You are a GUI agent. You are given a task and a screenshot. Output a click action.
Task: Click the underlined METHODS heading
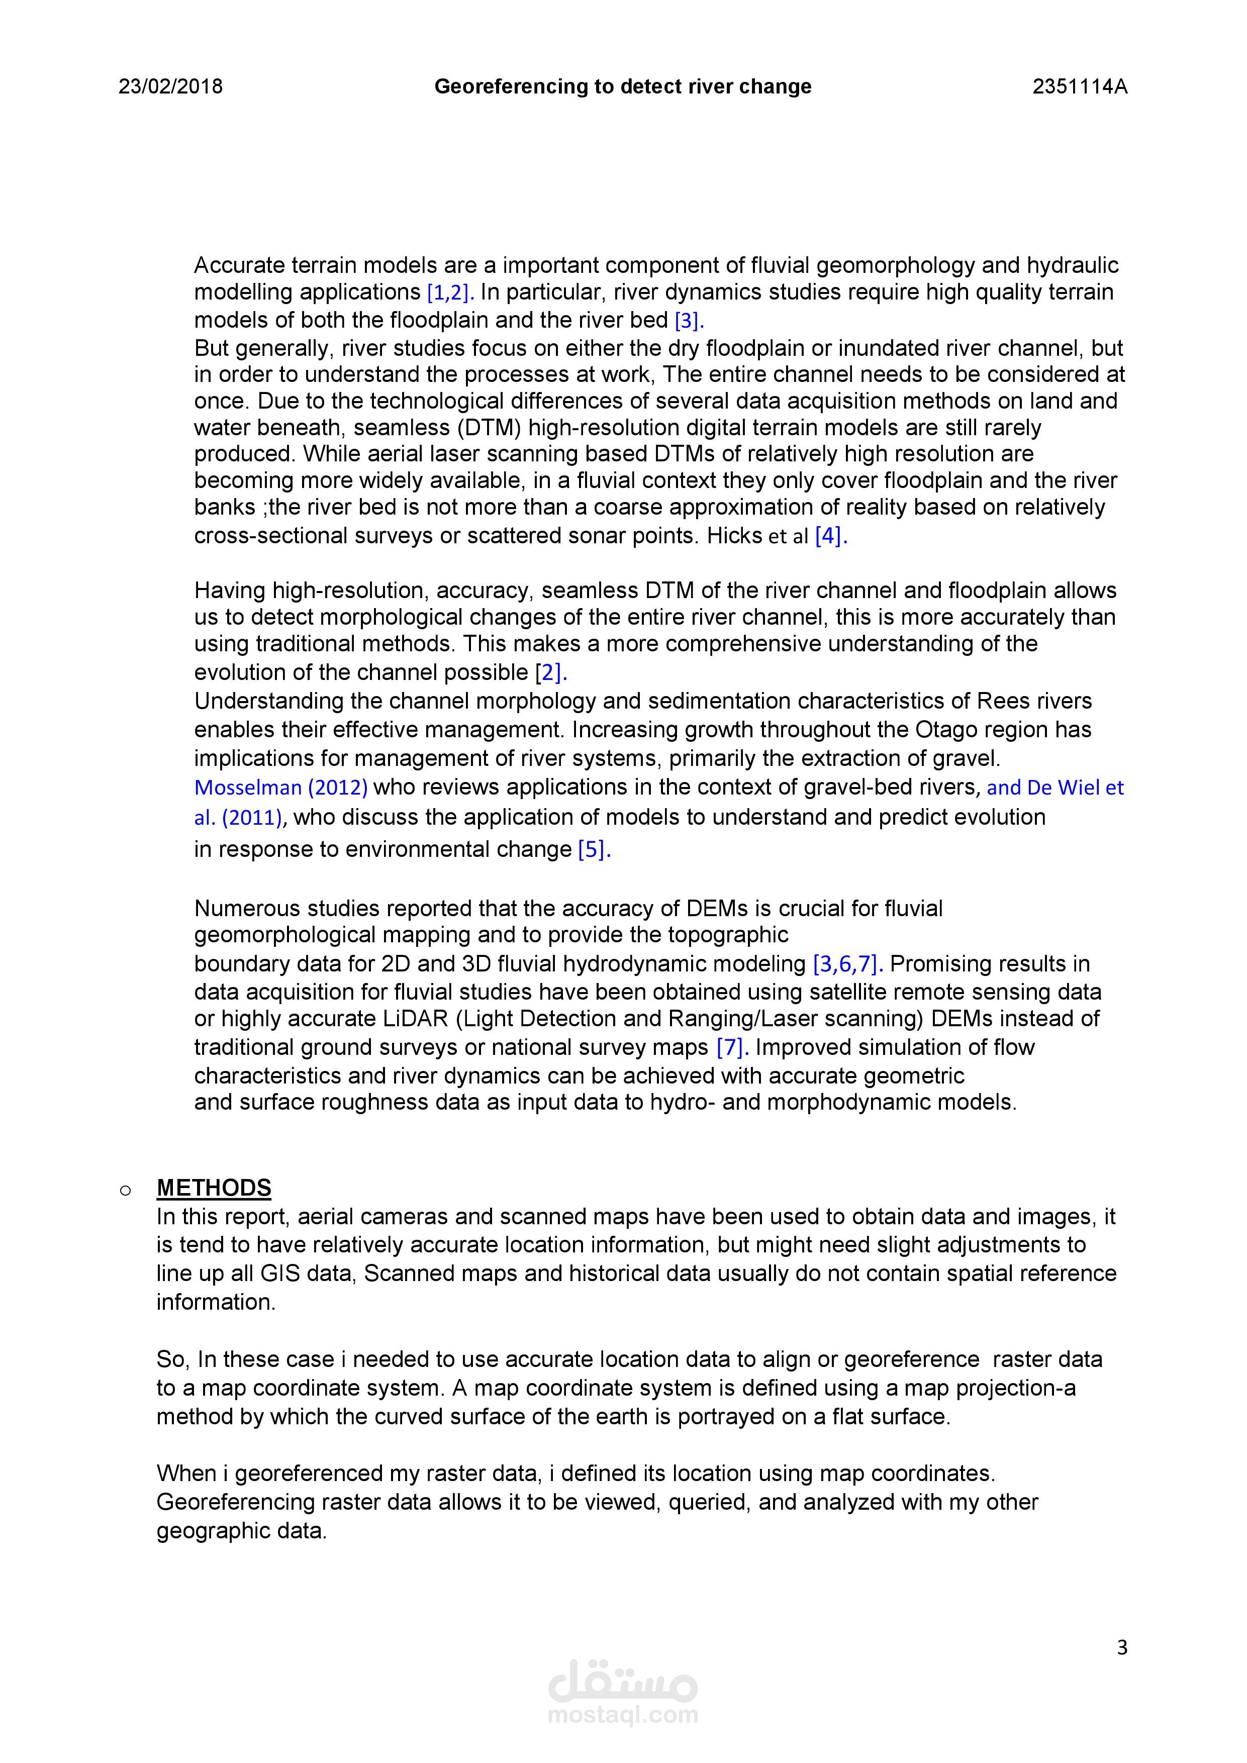[x=214, y=1188]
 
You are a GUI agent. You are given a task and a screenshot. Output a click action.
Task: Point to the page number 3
[x=1122, y=1647]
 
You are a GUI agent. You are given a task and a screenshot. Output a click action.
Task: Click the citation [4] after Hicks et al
[x=830, y=536]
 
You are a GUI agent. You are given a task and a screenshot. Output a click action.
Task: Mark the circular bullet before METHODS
[x=125, y=1190]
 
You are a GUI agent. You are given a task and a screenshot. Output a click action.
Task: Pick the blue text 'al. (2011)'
[x=239, y=817]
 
